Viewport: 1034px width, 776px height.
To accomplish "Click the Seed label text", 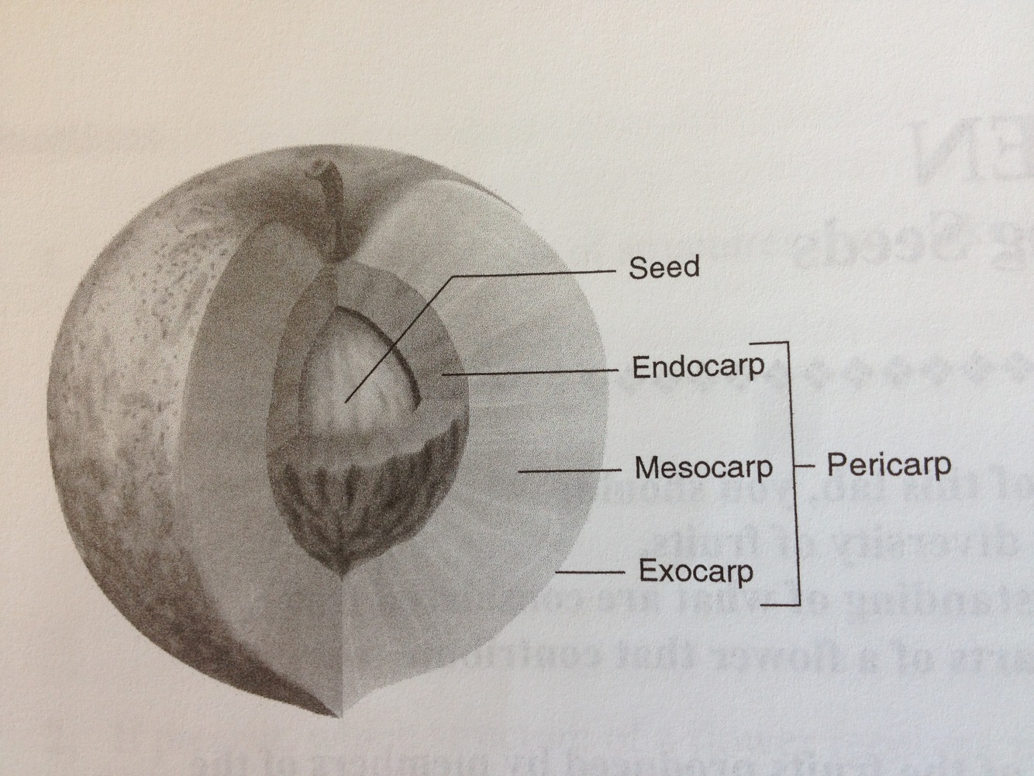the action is click(663, 267).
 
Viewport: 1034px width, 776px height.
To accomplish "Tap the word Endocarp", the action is click(698, 366).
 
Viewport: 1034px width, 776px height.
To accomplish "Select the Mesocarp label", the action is click(703, 467).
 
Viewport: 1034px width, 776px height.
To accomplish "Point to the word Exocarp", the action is click(695, 571).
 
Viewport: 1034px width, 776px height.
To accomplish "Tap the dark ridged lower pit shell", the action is click(364, 496).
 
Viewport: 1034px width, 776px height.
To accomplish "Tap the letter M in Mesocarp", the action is click(646, 467).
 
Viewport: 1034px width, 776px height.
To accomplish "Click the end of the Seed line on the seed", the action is click(346, 400).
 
